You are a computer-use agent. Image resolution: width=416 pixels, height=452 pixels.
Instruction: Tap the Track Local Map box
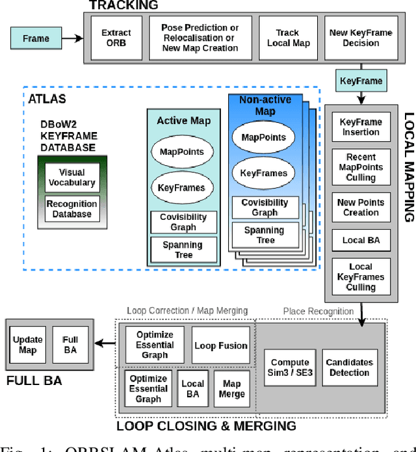pyautogui.click(x=287, y=37)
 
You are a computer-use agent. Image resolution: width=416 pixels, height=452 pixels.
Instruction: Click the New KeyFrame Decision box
pyautogui.click(x=361, y=37)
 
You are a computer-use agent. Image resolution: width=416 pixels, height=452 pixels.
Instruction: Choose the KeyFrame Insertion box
pyautogui.click(x=361, y=127)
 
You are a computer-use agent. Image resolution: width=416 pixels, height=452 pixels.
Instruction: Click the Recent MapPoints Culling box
pyautogui.click(x=361, y=166)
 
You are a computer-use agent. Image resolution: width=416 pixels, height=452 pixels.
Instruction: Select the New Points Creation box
pyautogui.click(x=361, y=207)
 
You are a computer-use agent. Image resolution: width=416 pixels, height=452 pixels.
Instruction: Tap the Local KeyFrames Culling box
pyautogui.click(x=361, y=276)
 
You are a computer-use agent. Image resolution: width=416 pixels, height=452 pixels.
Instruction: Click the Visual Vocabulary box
pyautogui.click(x=72, y=178)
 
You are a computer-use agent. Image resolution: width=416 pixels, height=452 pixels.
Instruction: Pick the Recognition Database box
pyautogui.click(x=72, y=209)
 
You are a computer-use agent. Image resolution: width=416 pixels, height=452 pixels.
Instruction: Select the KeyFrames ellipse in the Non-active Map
pyautogui.click(x=263, y=174)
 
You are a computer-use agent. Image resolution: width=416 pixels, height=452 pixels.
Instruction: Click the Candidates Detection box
pyautogui.click(x=349, y=367)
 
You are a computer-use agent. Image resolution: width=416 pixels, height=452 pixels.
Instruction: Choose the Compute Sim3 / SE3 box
pyautogui.click(x=290, y=367)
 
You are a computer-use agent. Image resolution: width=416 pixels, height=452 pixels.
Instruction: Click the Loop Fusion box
pyautogui.click(x=221, y=345)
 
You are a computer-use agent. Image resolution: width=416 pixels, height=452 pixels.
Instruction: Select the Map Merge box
pyautogui.click(x=231, y=388)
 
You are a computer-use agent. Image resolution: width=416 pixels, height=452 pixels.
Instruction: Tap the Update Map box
pyautogui.click(x=28, y=345)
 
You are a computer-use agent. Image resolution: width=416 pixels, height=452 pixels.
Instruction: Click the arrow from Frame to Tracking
pyautogui.click(x=75, y=39)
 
